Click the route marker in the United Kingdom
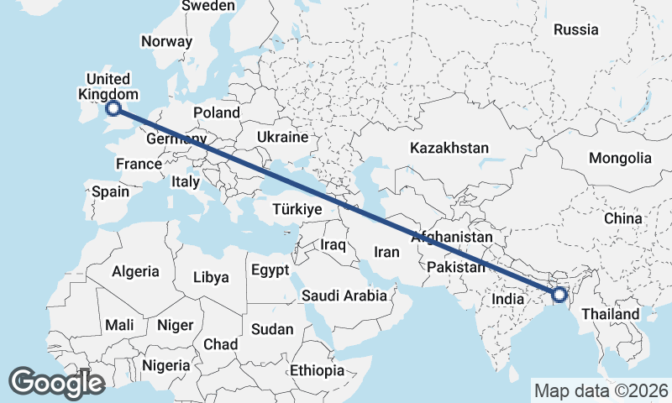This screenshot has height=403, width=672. click(113, 107)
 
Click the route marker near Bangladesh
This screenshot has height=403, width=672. click(559, 295)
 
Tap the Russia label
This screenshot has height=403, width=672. click(576, 29)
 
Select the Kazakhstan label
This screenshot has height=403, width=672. click(449, 148)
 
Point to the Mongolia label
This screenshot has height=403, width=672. click(620, 158)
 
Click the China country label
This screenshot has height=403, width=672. click(622, 218)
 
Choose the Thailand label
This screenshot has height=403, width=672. click(611, 314)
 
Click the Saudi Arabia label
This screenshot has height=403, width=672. click(344, 296)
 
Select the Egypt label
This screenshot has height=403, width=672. click(269, 270)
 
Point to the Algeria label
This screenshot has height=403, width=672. click(135, 271)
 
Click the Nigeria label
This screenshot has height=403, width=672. click(166, 365)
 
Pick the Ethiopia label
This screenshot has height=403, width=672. click(317, 370)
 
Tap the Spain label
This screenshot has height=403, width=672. click(111, 191)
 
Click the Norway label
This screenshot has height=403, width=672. click(166, 41)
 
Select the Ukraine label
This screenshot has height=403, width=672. click(283, 136)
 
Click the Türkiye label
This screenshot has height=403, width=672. click(297, 209)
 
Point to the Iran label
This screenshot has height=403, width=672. click(386, 251)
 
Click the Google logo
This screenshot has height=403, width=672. click(57, 383)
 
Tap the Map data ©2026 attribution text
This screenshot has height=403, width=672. click(601, 390)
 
